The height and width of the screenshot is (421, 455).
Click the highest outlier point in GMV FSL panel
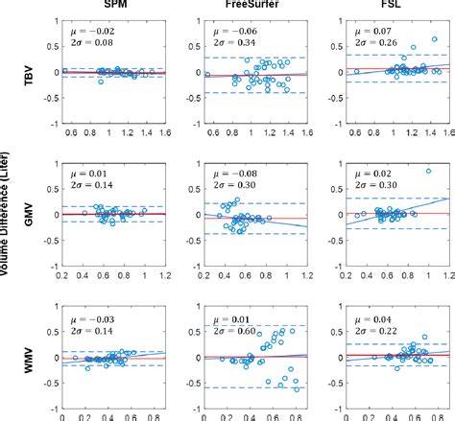coord(428,172)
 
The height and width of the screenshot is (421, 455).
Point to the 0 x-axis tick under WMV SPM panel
coord(62,416)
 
